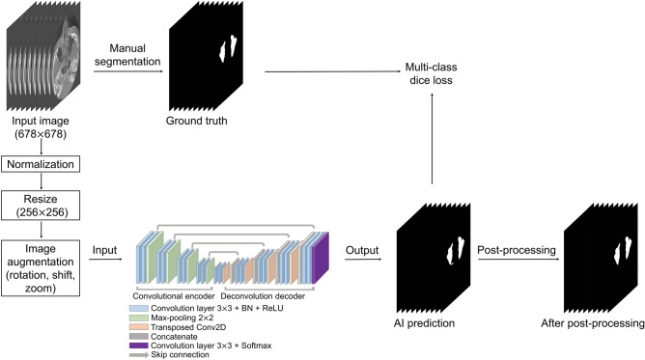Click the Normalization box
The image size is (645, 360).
[x=40, y=164]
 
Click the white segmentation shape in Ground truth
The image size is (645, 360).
[x=231, y=47]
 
